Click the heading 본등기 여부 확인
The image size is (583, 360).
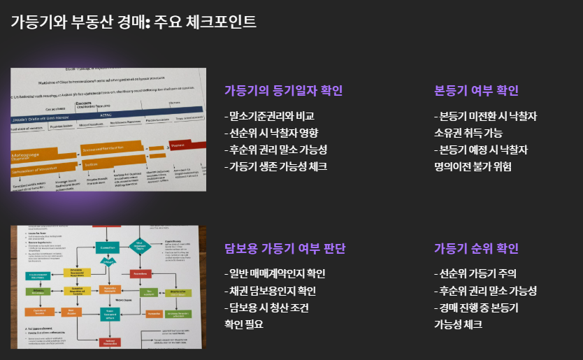click(476, 90)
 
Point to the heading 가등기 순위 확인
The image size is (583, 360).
click(476, 248)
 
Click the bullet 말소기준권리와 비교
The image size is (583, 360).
click(269, 116)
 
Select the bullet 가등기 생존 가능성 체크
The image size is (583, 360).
click(275, 166)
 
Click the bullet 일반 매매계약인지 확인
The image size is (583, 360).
click(275, 274)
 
